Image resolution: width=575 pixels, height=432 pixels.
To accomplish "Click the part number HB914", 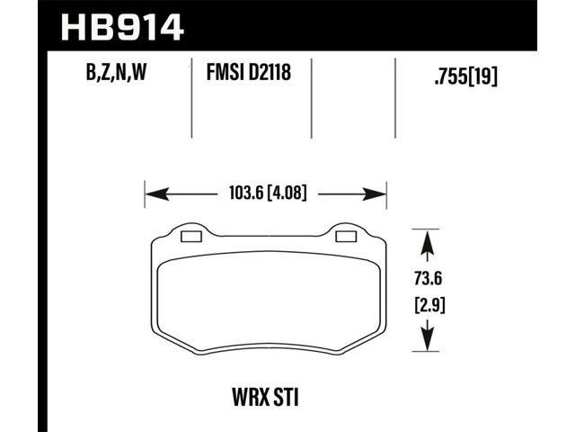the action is click(x=122, y=27).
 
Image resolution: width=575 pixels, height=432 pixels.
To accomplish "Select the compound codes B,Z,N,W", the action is click(x=116, y=72).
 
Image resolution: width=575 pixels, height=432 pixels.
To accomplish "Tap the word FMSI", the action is click(x=226, y=72).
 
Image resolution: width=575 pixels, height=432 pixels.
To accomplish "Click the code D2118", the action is click(x=270, y=72).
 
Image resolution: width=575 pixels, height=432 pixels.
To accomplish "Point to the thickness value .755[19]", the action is click(x=465, y=76).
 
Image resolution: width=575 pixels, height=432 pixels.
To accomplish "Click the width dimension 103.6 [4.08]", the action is click(x=268, y=193).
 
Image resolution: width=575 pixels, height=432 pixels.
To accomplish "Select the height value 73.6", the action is click(x=428, y=278).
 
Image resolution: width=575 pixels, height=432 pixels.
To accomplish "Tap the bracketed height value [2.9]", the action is click(x=429, y=305).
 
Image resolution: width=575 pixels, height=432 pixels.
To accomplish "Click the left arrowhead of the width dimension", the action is click(x=157, y=194).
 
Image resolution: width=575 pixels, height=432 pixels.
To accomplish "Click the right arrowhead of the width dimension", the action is click(x=374, y=194).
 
